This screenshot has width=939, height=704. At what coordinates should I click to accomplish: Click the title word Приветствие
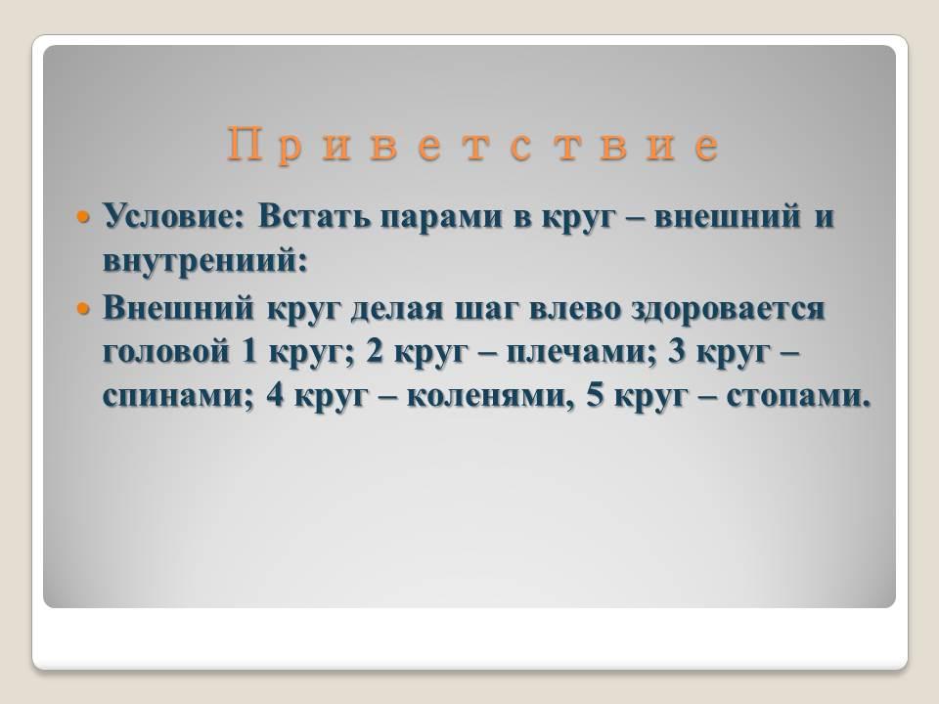[473, 145]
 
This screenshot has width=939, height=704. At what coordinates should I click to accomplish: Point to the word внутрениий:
[204, 261]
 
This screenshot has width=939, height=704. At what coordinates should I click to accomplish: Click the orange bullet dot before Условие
[83, 217]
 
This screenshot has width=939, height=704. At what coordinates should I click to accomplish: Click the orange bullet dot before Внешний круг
[83, 309]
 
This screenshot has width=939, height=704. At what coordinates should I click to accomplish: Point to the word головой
[166, 352]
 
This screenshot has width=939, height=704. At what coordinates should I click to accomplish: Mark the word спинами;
[178, 396]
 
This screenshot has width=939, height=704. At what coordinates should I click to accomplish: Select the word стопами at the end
[798, 396]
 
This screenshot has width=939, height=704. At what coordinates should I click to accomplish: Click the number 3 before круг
[677, 352]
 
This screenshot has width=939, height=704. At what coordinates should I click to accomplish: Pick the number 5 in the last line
[595, 396]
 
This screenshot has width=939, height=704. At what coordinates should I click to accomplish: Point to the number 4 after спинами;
[275, 396]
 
